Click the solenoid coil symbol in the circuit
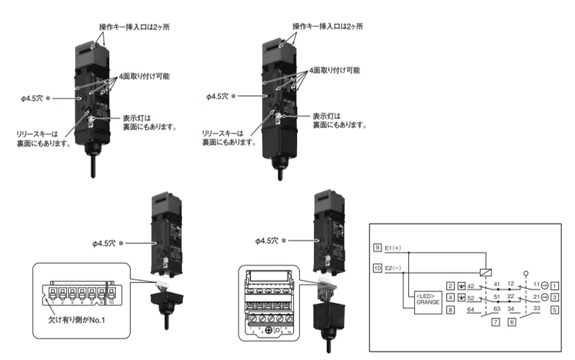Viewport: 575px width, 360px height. (484, 272)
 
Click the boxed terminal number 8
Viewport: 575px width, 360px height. (451, 310)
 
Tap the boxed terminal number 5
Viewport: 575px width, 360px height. (555, 310)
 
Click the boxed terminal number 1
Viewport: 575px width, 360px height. (555, 286)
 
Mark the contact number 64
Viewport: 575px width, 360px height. (469, 308)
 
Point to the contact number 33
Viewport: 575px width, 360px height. (536, 308)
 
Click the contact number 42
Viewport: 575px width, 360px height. (471, 286)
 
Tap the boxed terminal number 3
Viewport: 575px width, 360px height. (555, 297)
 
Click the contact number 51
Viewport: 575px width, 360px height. (496, 296)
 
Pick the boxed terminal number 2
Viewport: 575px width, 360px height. (451, 286)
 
